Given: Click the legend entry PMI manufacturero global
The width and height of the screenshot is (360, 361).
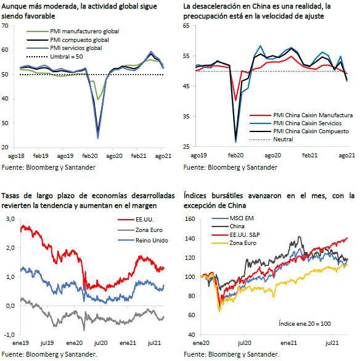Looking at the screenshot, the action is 84,31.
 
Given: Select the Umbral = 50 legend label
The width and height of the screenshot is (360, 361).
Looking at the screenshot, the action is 67,57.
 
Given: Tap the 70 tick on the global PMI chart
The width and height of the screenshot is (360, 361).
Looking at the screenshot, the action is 5,26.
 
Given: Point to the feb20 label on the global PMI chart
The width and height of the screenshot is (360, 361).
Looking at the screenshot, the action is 90,156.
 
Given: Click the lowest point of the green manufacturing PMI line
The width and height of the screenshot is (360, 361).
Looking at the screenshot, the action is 98,100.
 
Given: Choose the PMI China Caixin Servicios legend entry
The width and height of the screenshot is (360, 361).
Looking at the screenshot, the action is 308,123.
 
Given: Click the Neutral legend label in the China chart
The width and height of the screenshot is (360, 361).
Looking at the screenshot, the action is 283,139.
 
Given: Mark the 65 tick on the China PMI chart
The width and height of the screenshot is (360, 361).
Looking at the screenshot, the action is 186,26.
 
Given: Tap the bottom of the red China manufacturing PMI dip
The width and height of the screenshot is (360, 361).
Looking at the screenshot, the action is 235,100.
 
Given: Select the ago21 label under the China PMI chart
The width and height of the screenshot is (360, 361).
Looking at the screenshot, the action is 346,156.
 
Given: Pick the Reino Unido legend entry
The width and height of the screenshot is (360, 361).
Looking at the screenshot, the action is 152,241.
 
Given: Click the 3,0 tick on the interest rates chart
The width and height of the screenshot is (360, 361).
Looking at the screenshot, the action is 10,219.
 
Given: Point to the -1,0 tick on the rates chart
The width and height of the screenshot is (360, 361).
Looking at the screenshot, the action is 9,335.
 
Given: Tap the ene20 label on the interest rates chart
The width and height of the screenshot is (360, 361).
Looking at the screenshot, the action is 75,343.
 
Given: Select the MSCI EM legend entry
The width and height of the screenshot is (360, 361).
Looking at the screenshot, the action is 242,218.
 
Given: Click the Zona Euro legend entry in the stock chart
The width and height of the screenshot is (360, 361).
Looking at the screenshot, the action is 243,243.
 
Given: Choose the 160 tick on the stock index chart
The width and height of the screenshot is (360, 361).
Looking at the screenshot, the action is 190,219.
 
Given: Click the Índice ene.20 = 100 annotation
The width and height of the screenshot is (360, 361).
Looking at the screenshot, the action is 305,324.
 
